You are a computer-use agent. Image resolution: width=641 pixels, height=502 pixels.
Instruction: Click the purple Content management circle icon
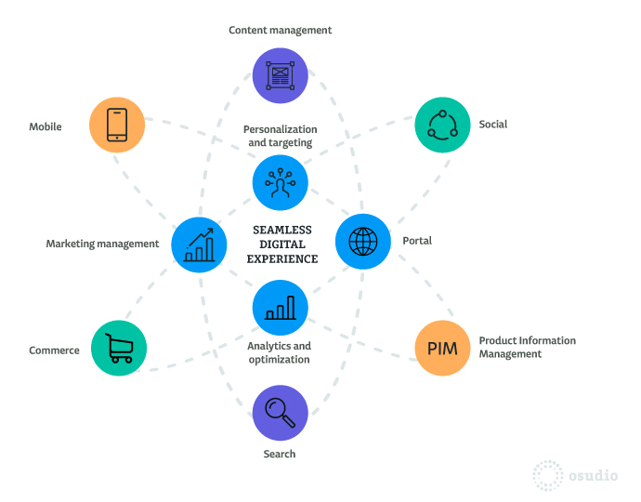point(280,75)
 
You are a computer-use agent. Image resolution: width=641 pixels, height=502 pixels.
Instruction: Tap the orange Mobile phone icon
point(117,125)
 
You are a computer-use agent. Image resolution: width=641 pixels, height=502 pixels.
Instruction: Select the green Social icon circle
point(442,125)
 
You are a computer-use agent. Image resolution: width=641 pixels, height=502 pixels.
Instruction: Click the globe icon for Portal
point(363,242)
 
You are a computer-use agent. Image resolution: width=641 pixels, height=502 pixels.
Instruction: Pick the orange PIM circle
point(442,349)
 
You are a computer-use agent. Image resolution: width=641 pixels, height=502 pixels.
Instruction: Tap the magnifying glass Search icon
point(280,413)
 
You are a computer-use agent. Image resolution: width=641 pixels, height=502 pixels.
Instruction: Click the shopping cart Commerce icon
point(119,349)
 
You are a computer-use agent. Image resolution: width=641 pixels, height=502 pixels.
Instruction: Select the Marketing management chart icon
point(199,244)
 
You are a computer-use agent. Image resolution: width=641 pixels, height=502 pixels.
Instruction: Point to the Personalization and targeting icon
point(280,182)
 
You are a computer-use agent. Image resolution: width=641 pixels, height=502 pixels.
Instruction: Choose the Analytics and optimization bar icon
point(280,308)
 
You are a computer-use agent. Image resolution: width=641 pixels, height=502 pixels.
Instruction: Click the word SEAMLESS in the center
point(282,230)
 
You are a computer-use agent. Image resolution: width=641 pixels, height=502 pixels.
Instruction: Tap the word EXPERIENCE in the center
point(282,259)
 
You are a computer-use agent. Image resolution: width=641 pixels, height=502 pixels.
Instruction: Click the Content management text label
point(280,31)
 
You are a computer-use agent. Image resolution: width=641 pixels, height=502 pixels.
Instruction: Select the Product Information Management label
point(528,347)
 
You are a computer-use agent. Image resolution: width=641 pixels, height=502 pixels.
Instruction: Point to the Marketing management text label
point(102,244)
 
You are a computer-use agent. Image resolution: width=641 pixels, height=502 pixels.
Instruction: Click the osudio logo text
point(594,475)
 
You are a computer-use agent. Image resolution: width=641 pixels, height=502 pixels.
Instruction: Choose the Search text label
point(280,454)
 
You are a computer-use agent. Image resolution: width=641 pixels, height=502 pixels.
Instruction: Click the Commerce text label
point(54,350)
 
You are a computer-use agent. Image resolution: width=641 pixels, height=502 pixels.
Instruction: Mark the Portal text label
point(417,241)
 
